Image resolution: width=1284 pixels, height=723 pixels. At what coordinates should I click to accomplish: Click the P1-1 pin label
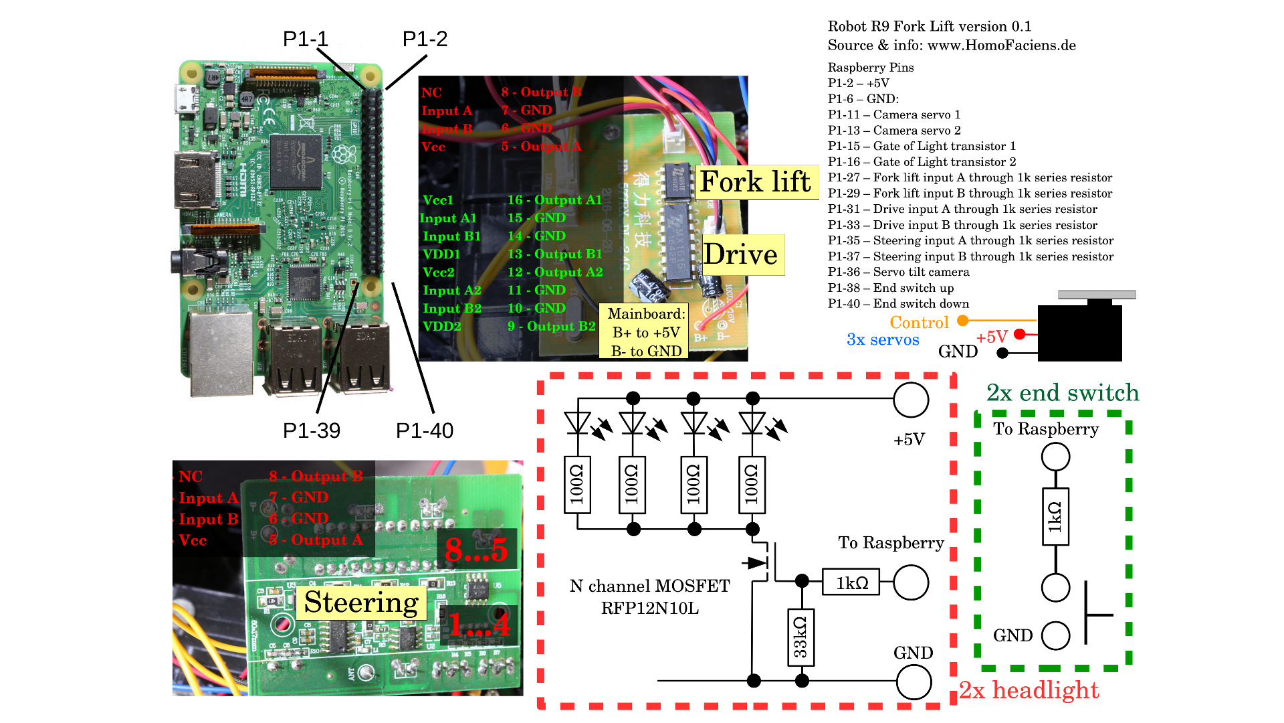pos(305,39)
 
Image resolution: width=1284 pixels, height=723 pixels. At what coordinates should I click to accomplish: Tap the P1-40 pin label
pos(424,430)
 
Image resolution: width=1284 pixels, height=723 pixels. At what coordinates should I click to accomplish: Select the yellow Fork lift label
pos(755,181)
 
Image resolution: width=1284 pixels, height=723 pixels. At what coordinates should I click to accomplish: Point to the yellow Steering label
pos(361,602)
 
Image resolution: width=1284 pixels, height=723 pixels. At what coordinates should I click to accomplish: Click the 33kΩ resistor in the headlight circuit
pos(800,637)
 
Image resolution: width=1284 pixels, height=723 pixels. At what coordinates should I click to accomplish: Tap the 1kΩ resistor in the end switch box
pos(1055,517)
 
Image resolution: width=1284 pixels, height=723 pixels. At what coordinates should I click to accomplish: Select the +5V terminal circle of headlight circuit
pos(911,400)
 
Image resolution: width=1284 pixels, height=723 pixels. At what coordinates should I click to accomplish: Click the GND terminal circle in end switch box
pos(1055,635)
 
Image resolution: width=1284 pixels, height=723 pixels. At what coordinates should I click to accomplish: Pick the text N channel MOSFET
pos(649,586)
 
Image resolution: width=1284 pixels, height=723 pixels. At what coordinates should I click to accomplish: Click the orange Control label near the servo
pos(919,323)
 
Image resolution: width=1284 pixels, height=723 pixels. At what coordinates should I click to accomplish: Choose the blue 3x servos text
pos(883,339)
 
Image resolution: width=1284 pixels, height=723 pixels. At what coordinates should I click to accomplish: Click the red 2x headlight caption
pos(1029,690)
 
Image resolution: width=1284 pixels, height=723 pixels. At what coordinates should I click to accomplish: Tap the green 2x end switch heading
pos(1062,392)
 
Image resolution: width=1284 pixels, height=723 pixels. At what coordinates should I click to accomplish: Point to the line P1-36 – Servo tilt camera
pos(898,272)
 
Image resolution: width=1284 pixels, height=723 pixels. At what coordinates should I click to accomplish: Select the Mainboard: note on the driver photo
pos(646,332)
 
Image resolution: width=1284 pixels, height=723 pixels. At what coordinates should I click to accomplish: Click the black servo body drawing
pos(1079,333)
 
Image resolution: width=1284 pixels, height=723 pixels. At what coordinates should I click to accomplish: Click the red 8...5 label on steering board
pos(477,550)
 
